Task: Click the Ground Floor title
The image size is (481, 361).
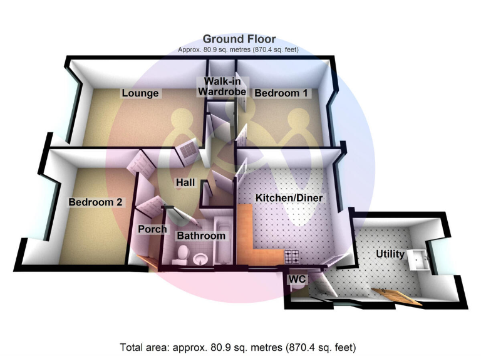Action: [x=239, y=39]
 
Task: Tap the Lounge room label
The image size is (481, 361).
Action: [x=140, y=93]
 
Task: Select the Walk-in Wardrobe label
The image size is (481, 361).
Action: [x=223, y=87]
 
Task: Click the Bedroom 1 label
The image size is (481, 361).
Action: [x=281, y=93]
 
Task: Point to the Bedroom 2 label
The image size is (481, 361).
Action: [x=96, y=202]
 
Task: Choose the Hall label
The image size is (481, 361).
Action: [x=185, y=183]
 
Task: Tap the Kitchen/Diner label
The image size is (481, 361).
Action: [x=288, y=198]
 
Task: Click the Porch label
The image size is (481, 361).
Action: [x=152, y=229]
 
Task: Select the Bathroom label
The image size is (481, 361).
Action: [x=200, y=236]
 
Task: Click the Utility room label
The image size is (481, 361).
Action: [x=390, y=254]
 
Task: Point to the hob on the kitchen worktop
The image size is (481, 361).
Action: [x=292, y=256]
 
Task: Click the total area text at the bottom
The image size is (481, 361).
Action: [x=239, y=347]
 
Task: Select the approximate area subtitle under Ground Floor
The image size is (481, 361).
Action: [x=239, y=50]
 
